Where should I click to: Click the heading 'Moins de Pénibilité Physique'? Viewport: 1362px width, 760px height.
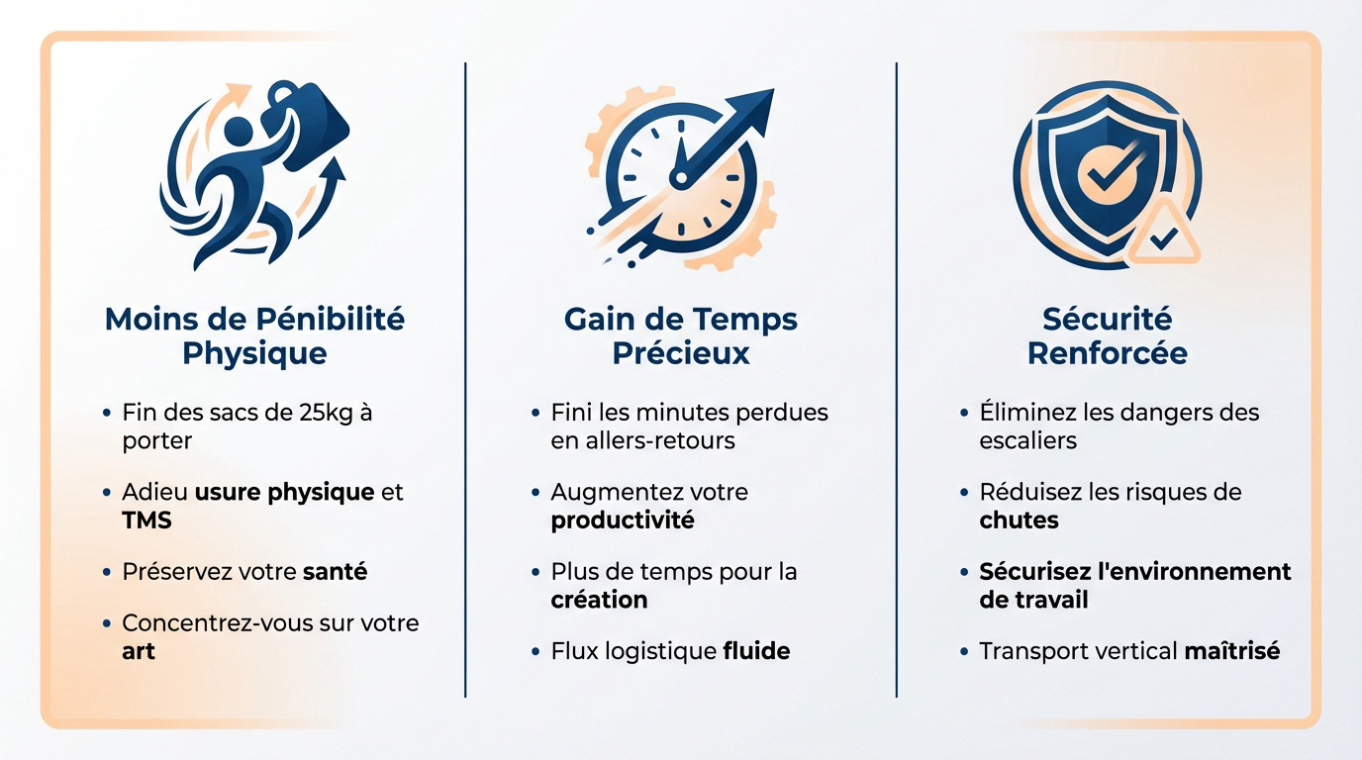254,336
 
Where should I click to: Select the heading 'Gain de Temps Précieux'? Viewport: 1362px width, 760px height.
681,336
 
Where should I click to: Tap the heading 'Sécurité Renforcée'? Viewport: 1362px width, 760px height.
1107,336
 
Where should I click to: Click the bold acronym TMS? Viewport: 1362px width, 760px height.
146,521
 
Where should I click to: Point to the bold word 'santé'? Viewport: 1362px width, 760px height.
335,572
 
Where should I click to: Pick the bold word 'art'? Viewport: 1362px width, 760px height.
139,652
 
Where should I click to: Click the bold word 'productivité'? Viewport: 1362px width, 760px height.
623,521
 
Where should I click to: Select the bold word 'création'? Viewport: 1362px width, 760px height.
599,600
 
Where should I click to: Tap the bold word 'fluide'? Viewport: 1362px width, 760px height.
756,651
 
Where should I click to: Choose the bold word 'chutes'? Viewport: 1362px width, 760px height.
1019,521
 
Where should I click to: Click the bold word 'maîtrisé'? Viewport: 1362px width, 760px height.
1231,651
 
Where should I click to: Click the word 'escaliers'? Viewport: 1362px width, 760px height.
1027,440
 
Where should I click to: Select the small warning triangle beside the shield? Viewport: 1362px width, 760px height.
1165,235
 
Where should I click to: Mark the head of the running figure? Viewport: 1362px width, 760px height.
241,131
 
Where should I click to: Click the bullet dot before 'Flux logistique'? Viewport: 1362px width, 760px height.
535,651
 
